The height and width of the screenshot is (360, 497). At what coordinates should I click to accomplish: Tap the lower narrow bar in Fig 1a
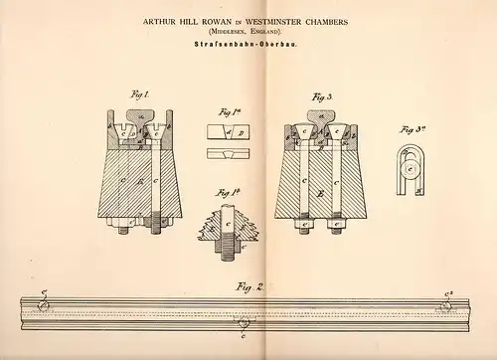point(227,152)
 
